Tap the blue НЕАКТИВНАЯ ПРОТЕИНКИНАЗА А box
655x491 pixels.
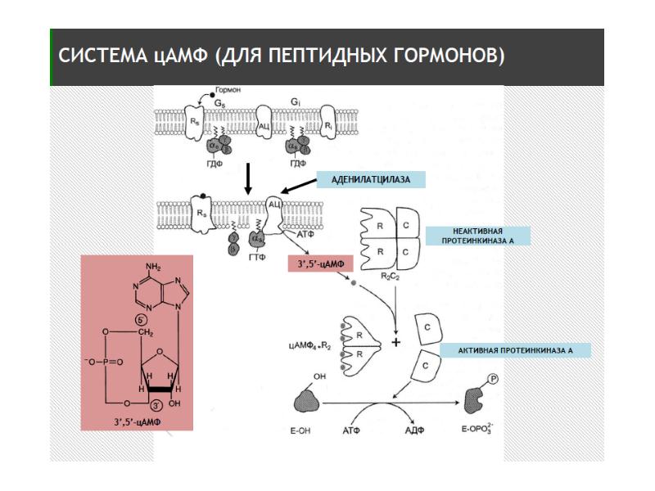tap(477, 236)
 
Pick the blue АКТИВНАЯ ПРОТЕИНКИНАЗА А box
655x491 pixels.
tap(515, 350)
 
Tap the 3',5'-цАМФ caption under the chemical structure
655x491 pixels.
tap(137, 421)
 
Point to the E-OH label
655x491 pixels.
tap(305, 429)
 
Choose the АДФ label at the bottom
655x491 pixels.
tap(416, 430)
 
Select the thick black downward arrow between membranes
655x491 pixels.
tap(246, 178)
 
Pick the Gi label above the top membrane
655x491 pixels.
tap(294, 103)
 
